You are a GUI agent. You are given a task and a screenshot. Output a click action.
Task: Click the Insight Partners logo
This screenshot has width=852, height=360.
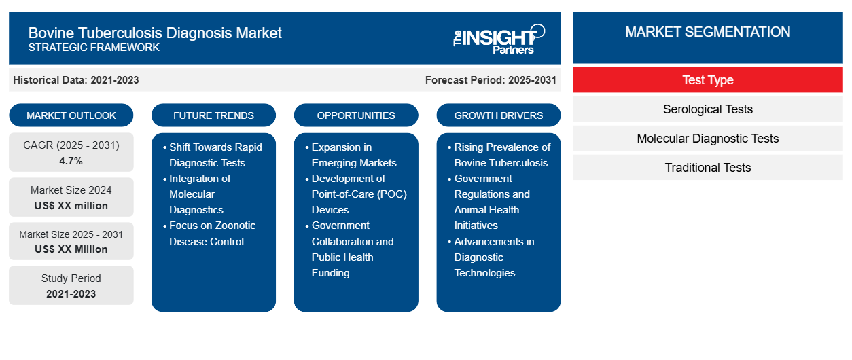coord(499,39)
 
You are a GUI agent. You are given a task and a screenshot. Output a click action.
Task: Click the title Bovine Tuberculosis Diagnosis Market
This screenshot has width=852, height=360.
coord(155,33)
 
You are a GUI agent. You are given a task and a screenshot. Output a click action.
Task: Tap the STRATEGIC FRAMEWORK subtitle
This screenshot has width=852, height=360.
coord(94,48)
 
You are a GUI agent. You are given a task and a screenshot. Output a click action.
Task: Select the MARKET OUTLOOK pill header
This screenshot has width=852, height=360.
coord(71,115)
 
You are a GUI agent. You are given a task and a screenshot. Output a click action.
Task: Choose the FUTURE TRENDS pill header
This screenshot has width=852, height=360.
coord(213,115)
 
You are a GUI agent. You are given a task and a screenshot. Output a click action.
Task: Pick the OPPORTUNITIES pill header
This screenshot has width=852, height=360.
coord(356,115)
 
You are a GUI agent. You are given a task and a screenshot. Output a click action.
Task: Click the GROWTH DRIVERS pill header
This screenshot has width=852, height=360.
coord(498,115)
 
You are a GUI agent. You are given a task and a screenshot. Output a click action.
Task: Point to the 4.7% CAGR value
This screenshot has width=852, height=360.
coord(71,161)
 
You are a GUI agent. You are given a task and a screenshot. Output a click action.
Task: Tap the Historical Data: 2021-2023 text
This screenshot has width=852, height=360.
coord(76,80)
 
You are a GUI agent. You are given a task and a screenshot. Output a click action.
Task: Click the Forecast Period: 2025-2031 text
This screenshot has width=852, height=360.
coord(491,80)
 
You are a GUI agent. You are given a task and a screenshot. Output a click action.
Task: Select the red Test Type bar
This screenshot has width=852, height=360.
coord(708,80)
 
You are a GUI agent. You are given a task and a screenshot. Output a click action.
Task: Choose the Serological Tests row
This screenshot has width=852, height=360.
coord(708,109)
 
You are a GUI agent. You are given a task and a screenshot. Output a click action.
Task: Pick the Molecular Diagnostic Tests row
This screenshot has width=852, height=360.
coord(708,139)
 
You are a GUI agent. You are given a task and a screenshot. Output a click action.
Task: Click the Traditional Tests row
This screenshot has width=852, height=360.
coord(708,168)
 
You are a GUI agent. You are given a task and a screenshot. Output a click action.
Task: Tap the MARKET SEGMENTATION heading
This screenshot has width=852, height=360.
coord(708,32)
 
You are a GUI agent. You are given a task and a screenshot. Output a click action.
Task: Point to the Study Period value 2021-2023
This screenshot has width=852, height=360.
coord(71,294)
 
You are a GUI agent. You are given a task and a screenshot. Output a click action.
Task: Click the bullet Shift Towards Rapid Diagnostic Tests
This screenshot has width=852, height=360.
coord(213,155)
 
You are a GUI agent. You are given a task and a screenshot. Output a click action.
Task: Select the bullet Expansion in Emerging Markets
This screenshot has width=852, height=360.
coord(351,155)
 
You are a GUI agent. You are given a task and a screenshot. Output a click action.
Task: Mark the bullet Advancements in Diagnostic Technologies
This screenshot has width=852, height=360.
coord(491,257)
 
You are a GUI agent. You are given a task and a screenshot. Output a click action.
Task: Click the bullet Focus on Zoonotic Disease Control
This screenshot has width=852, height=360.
coord(209,234)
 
